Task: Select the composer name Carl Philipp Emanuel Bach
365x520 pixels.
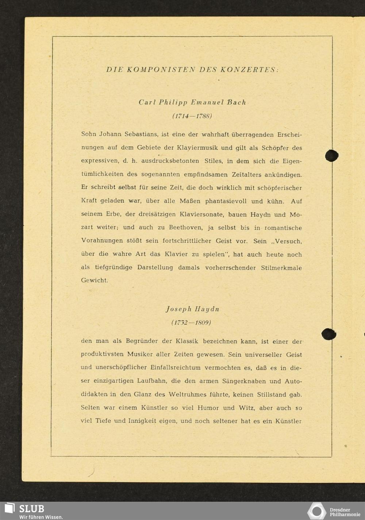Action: coord(192,102)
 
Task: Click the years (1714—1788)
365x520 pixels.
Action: coord(192,116)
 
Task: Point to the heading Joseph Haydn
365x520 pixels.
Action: coord(192,309)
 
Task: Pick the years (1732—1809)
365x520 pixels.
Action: coord(191,323)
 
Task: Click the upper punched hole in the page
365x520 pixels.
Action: coord(332,155)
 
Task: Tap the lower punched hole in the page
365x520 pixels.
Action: coord(328,334)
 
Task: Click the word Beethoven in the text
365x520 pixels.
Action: coord(185,228)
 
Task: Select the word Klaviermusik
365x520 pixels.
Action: coord(197,148)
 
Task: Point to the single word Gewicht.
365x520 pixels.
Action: coord(94,281)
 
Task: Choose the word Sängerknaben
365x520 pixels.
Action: coord(244,381)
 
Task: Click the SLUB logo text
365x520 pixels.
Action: coord(31,509)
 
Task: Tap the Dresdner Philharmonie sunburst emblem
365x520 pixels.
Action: coord(316,511)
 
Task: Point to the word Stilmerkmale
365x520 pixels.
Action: coord(281,268)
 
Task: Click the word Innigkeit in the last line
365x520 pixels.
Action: coord(142,421)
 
